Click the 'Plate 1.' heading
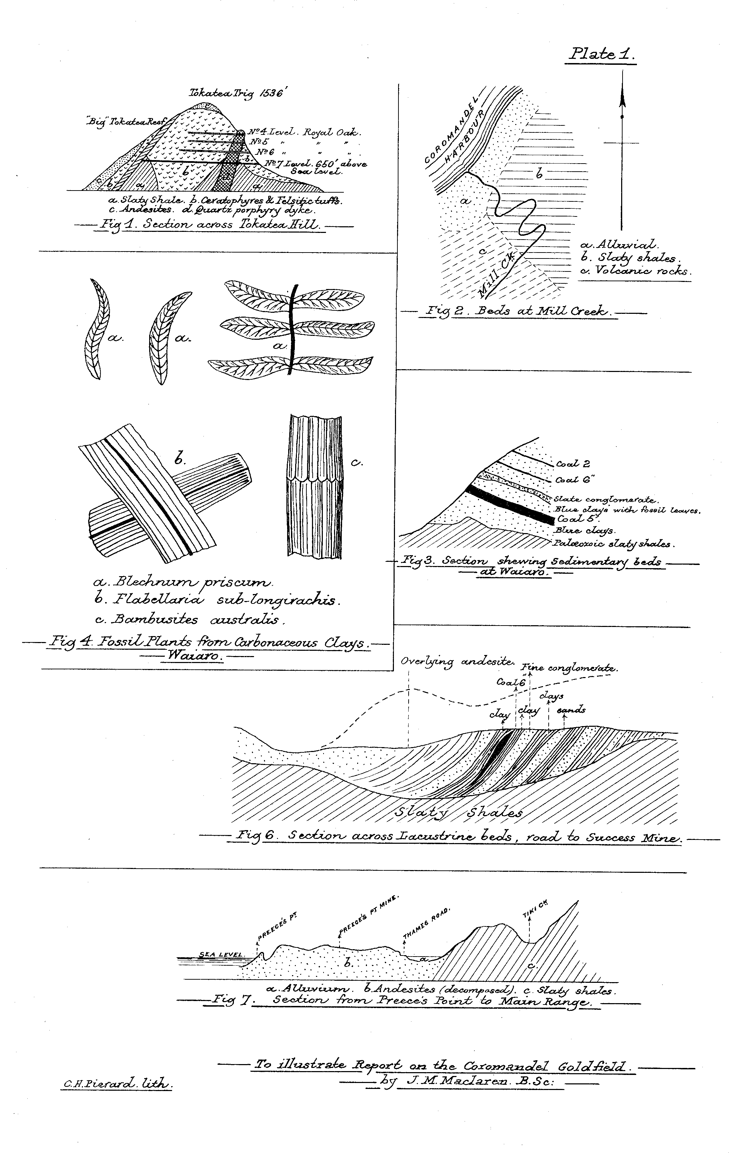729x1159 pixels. point(603,54)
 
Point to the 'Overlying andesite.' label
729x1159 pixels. point(457,663)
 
